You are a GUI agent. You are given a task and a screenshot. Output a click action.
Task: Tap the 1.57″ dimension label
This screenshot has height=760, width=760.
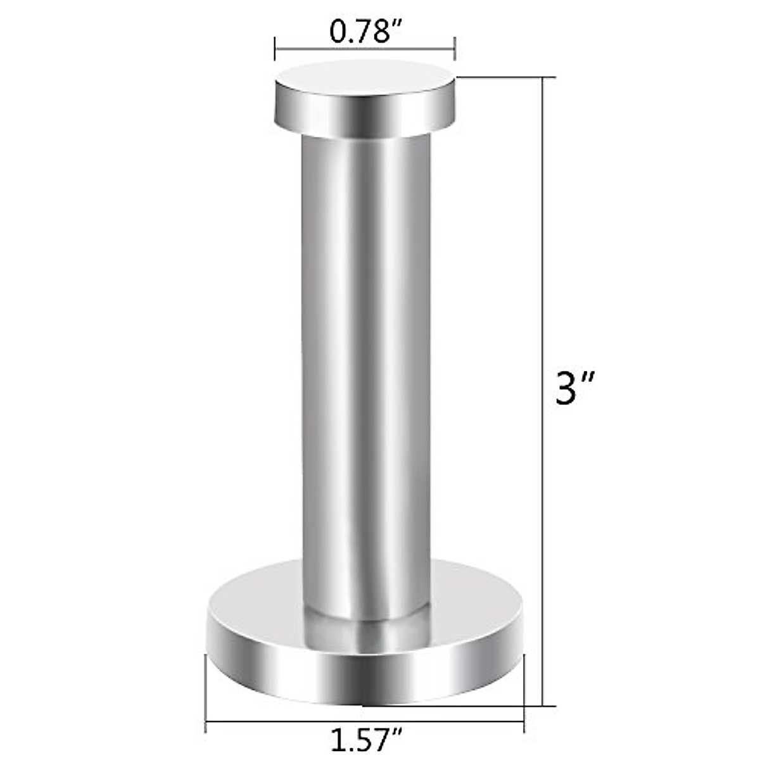tap(367, 738)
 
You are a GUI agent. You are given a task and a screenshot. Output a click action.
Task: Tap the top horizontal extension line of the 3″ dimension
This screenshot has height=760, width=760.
tap(507, 77)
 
